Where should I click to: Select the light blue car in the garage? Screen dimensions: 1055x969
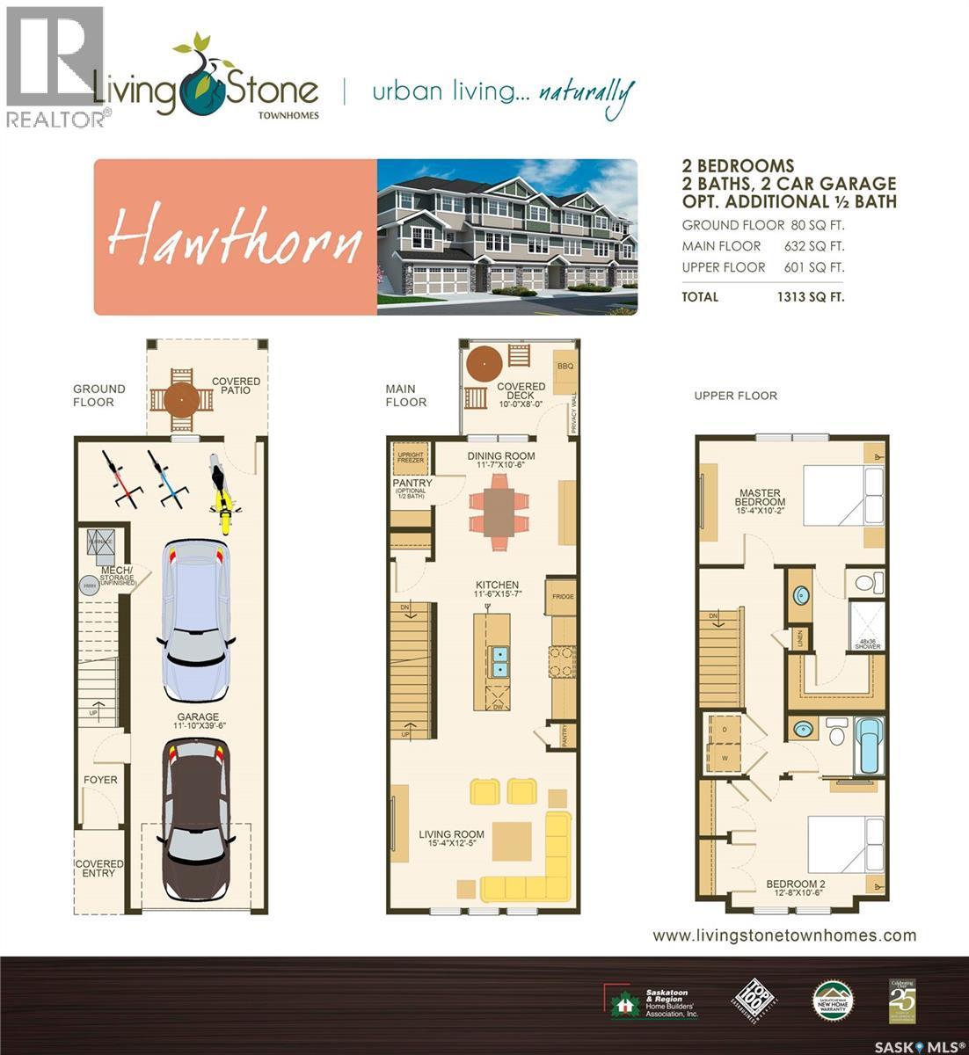click(196, 620)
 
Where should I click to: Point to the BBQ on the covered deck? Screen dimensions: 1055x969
click(564, 362)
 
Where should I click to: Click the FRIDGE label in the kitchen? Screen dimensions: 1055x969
click(563, 597)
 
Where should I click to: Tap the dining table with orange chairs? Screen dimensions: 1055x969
click(500, 511)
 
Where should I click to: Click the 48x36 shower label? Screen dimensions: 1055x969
click(868, 644)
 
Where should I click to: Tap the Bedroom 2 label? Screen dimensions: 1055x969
click(795, 888)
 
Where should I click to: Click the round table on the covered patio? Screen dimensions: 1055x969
click(181, 400)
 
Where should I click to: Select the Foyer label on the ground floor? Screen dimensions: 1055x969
click(100, 780)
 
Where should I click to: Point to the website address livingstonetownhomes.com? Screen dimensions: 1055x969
click(784, 935)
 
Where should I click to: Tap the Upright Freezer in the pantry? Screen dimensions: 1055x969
click(411, 456)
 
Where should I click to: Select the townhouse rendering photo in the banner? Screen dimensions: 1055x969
click(506, 236)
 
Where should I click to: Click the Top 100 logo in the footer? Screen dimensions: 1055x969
click(754, 1000)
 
